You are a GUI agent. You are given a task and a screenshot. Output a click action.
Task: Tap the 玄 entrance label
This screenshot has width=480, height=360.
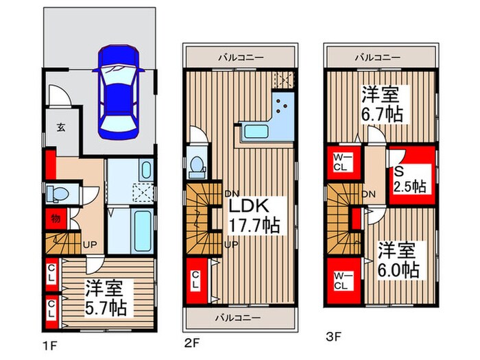click(61, 127)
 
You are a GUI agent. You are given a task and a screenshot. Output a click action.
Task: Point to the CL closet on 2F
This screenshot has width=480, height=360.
click(195, 280)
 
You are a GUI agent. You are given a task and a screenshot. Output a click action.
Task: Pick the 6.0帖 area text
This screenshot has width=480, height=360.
click(398, 269)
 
